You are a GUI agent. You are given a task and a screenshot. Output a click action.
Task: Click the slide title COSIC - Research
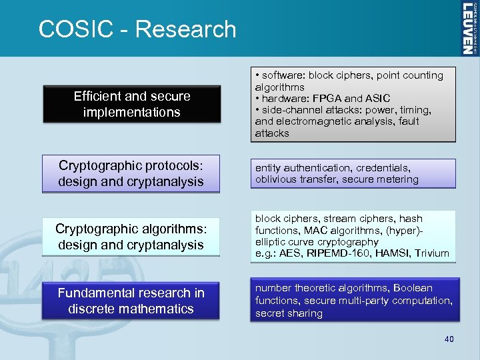click(x=137, y=29)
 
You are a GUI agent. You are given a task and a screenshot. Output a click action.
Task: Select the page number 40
click(x=449, y=340)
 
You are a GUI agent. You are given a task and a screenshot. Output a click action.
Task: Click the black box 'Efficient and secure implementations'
click(x=131, y=104)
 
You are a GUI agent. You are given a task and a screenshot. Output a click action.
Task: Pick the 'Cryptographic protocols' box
click(x=131, y=173)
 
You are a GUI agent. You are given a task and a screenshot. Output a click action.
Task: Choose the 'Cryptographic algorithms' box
click(x=131, y=237)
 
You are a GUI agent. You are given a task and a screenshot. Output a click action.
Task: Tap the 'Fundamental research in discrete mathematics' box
click(x=131, y=301)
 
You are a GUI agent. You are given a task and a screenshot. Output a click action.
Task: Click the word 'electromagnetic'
click(x=313, y=121)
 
